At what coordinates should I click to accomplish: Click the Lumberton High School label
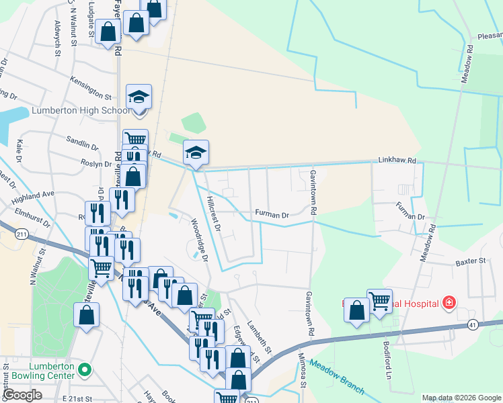80,111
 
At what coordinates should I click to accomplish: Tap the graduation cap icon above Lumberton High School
139,97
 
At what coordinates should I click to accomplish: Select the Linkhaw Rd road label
397,161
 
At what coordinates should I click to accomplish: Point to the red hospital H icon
448,304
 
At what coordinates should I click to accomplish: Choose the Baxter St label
470,262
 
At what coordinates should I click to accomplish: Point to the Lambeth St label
258,337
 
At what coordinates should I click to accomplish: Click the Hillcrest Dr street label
214,214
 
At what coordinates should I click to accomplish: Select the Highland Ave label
33,194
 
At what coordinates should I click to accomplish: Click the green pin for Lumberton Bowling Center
85,369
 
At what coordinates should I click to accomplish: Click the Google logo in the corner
22,395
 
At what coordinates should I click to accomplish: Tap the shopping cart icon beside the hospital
379,300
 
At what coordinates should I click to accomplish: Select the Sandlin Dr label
82,144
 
